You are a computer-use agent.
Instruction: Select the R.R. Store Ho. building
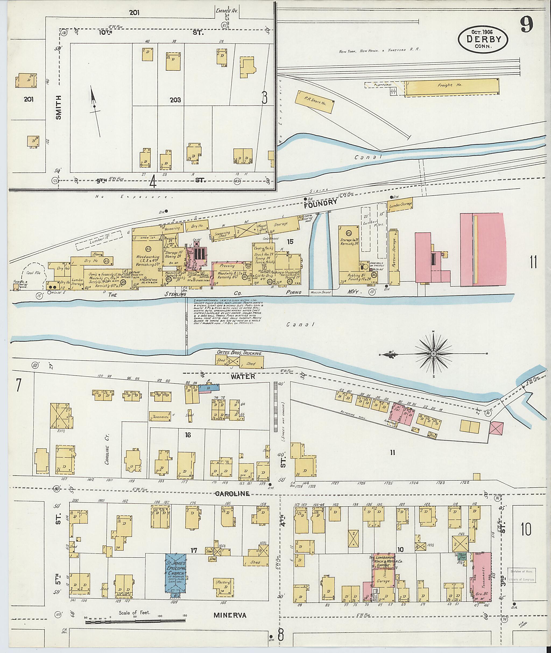coord(315,102)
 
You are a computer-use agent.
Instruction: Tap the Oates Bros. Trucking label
coord(239,353)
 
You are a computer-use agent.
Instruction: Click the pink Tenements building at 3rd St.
coord(481,575)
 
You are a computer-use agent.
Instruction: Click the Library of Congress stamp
coord(521,575)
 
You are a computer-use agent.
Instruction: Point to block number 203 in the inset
coord(175,100)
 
